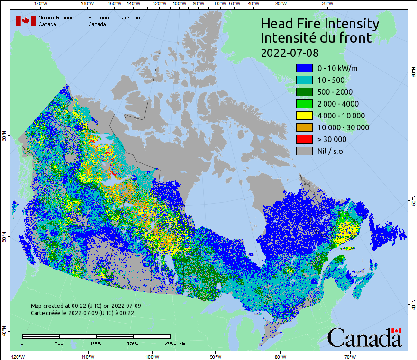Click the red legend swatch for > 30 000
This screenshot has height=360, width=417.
[304, 139]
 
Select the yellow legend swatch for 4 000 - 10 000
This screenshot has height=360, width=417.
[304, 116]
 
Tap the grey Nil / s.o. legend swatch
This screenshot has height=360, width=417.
[304, 151]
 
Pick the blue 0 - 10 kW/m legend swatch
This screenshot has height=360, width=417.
[304, 68]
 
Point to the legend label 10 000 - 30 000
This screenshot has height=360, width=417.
[343, 127]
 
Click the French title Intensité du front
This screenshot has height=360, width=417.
[317, 38]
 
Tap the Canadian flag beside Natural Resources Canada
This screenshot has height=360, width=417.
[26, 20]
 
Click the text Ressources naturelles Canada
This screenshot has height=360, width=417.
[114, 21]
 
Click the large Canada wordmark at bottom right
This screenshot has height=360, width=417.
[364, 337]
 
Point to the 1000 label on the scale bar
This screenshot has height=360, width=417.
[96, 343]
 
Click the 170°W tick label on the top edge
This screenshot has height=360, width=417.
[41, 4]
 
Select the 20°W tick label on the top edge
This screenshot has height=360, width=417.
[326, 4]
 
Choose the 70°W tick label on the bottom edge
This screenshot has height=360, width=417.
[351, 356]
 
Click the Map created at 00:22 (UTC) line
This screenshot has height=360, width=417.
[86, 306]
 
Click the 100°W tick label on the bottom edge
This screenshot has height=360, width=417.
[153, 356]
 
